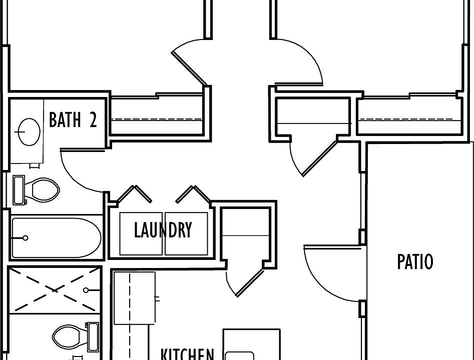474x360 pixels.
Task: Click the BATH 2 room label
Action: pos(73,119)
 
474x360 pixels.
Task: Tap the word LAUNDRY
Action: pos(163,230)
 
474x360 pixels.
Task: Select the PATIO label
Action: pos(415,261)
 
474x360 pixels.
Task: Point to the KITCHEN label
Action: pos(187,354)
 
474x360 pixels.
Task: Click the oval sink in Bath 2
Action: pos(29,132)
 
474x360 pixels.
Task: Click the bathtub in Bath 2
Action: pos(56,237)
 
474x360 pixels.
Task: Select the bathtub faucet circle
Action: pos(26,238)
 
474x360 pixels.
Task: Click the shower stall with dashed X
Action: pos(55,290)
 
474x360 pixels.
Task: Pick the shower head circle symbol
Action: pos(86,290)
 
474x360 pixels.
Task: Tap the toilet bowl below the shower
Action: pos(66,336)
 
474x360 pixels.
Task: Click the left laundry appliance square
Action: pos(141,234)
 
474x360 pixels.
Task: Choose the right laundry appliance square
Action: pos(186,234)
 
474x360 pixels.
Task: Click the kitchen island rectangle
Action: pos(252,344)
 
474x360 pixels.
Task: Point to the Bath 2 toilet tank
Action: pos(19,190)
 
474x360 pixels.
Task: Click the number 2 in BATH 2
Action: pos(93,119)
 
